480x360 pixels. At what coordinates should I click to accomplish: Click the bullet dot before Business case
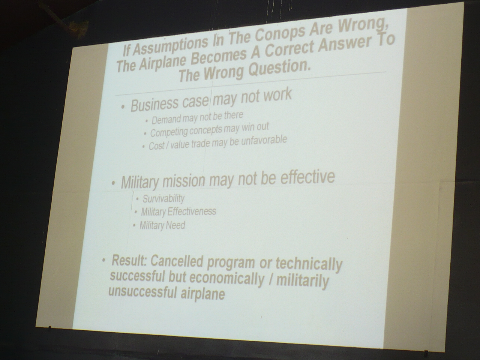pos(123,107)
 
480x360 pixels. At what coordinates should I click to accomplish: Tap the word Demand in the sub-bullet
pos(166,120)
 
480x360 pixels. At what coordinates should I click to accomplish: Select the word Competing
pos(169,132)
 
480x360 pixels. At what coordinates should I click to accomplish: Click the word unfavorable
pos(264,140)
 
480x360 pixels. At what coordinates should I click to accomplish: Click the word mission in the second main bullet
pos(184,181)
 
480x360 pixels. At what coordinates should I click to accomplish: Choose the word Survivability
pos(163,198)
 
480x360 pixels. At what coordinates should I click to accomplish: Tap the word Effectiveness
pos(191,211)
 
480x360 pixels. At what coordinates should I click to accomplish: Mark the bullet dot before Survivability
pos(137,199)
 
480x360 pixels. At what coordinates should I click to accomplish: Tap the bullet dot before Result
pos(104,259)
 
